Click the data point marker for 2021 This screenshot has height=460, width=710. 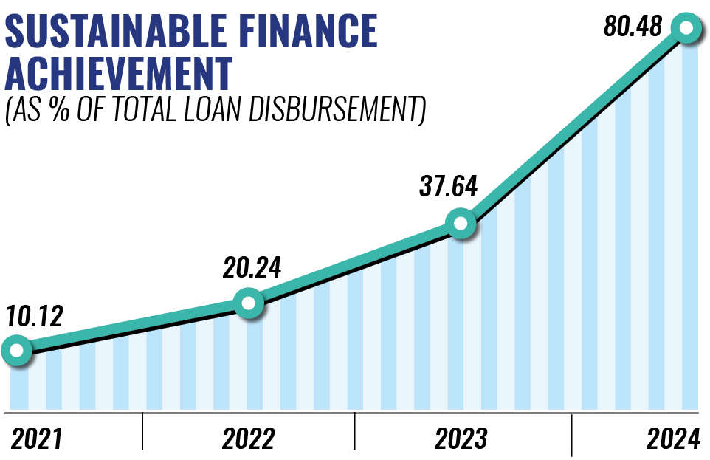click(16, 349)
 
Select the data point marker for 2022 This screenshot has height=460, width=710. click(248, 303)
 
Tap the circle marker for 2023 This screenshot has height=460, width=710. click(461, 223)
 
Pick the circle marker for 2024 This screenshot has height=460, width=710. click(686, 28)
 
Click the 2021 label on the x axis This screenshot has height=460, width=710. click(36, 439)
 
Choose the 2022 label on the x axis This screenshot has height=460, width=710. click(248, 439)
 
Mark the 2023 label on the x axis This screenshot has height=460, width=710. click(461, 439)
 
